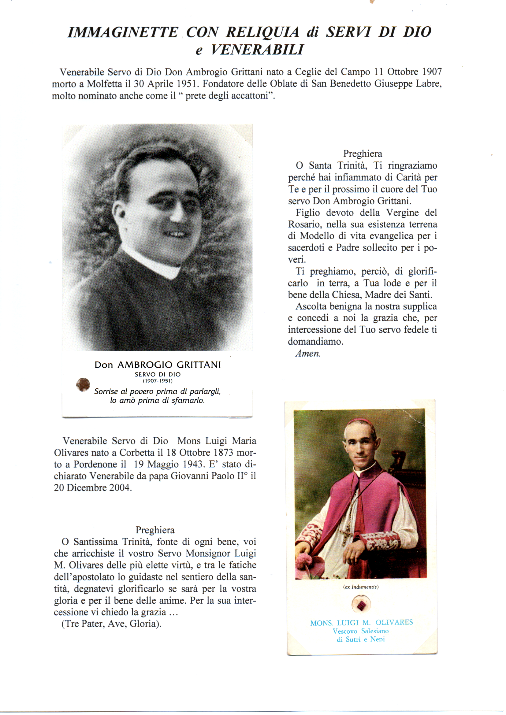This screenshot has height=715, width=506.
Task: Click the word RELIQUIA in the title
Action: click(262, 32)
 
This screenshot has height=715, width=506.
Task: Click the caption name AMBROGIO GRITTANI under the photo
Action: click(169, 365)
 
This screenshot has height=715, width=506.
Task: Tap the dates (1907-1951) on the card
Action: click(158, 381)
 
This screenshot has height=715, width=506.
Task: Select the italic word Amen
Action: click(307, 354)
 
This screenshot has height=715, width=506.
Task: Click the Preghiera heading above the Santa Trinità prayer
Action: click(362, 154)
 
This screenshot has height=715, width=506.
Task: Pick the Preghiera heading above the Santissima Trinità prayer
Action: click(155, 530)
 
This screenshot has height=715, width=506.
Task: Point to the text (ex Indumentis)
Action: click(361, 587)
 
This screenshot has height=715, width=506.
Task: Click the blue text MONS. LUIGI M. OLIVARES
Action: click(361, 623)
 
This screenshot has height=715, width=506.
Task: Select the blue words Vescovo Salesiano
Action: click(360, 631)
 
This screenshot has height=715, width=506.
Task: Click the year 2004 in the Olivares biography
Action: click(120, 488)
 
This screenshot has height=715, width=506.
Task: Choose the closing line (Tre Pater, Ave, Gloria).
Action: click(112, 624)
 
